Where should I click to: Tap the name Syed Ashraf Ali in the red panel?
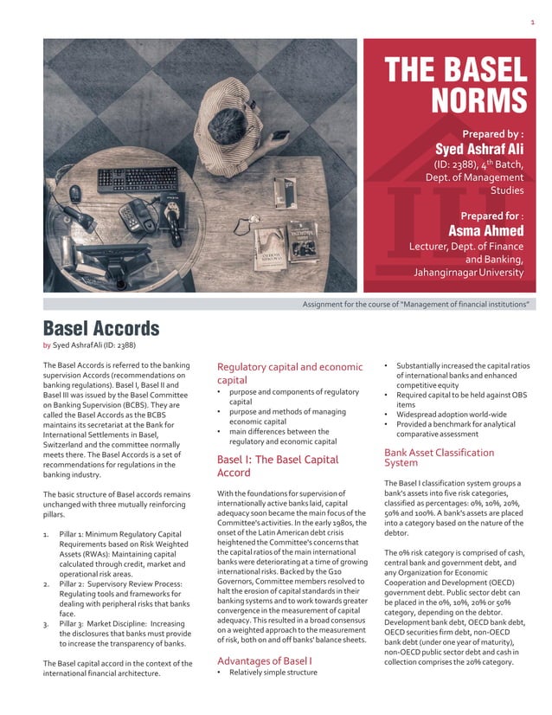pyautogui.click(x=479, y=150)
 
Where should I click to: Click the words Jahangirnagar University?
pyautogui.click(x=468, y=273)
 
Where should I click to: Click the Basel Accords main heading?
pyautogui.click(x=101, y=328)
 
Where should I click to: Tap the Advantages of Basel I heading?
pyautogui.click(x=264, y=660)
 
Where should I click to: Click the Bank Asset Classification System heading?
pyautogui.click(x=439, y=457)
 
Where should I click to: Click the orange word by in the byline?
pyautogui.click(x=47, y=344)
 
